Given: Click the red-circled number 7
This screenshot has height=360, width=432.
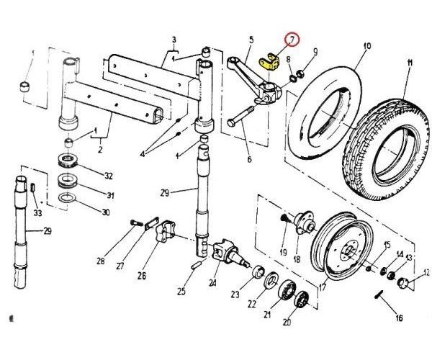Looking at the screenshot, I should pyautogui.click(x=292, y=40).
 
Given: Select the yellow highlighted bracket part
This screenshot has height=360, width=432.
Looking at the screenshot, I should pyautogui.click(x=270, y=62).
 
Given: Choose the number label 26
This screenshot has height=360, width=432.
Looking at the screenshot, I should pyautogui.click(x=142, y=275).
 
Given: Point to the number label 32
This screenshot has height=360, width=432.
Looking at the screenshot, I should pyautogui.click(x=109, y=176).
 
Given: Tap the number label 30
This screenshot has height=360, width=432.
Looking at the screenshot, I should pyautogui.click(x=106, y=212).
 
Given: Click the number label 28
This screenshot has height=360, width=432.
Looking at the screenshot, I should pyautogui.click(x=101, y=261).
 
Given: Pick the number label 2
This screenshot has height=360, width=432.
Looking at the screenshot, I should pyautogui.click(x=100, y=150).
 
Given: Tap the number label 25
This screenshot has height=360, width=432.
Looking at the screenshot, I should pyautogui.click(x=182, y=292).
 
